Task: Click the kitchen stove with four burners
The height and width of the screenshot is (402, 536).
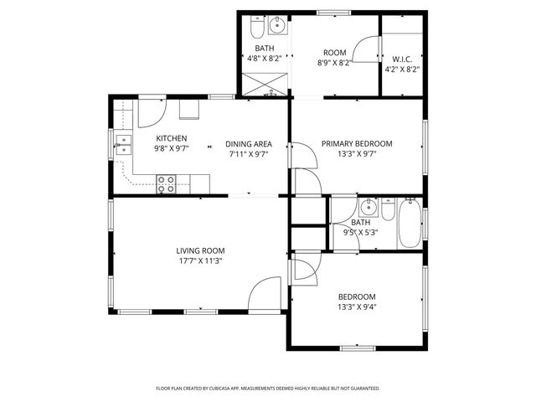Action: pos(166,183)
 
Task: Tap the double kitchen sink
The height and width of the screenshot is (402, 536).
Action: pos(123,145)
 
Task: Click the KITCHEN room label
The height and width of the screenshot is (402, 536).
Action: pos(172,138)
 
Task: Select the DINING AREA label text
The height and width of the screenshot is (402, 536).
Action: pos(249,144)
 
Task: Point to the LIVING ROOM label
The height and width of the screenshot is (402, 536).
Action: pos(200,250)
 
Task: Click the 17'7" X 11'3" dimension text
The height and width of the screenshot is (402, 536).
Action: pos(200,260)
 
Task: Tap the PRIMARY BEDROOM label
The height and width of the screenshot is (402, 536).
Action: pos(358,144)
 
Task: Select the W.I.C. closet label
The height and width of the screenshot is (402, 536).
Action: pos(400,59)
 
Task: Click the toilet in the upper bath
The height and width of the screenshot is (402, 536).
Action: pos(256,33)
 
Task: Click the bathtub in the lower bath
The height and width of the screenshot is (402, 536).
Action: pos(409,223)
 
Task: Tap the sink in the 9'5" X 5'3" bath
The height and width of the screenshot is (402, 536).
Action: pos(368,208)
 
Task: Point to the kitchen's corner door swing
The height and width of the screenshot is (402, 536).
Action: pos(152,111)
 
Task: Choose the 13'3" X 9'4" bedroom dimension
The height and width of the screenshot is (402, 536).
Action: pos(357,307)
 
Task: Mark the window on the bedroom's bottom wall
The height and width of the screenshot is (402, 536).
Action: pos(357,348)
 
